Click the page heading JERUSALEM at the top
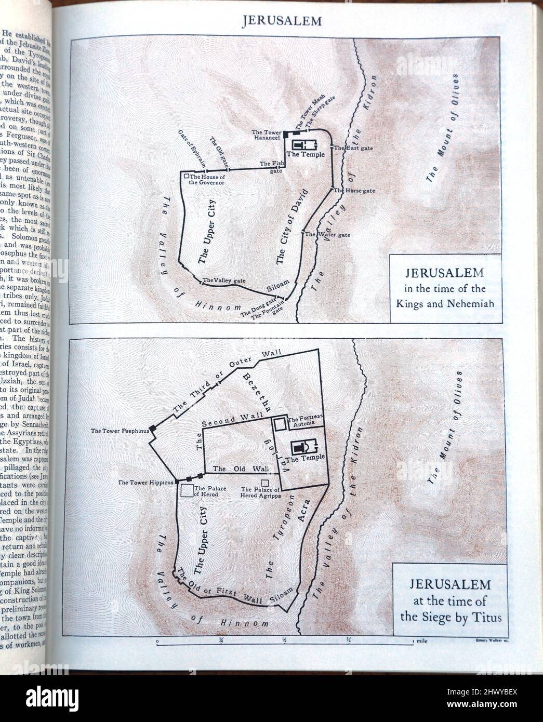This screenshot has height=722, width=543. click(282, 21)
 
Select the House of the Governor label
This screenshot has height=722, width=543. click(207, 180)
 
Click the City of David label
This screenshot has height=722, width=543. click(292, 227)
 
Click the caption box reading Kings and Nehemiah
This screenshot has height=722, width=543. click(445, 288)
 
